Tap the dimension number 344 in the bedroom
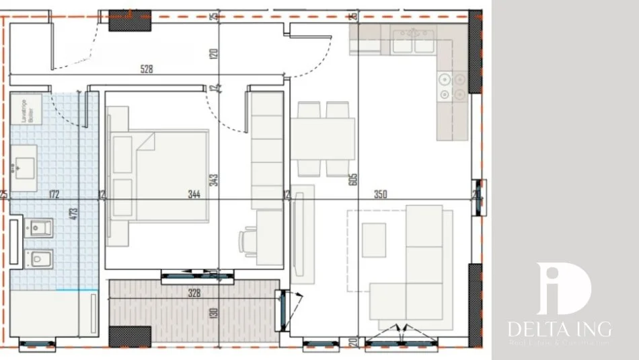pyautogui.click(x=194, y=195)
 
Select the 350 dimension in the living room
pyautogui.click(x=380, y=195)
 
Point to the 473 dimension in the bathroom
pyautogui.click(x=75, y=214)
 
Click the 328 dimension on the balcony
pyautogui.click(x=194, y=292)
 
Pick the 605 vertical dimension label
pyautogui.click(x=353, y=180)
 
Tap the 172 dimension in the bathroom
pyautogui.click(x=54, y=195)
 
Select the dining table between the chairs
pyautogui.click(x=323, y=139)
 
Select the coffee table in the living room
pyautogui.click(x=374, y=240)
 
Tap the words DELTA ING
pyautogui.click(x=560, y=329)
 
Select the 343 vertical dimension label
pyautogui.click(x=213, y=180)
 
